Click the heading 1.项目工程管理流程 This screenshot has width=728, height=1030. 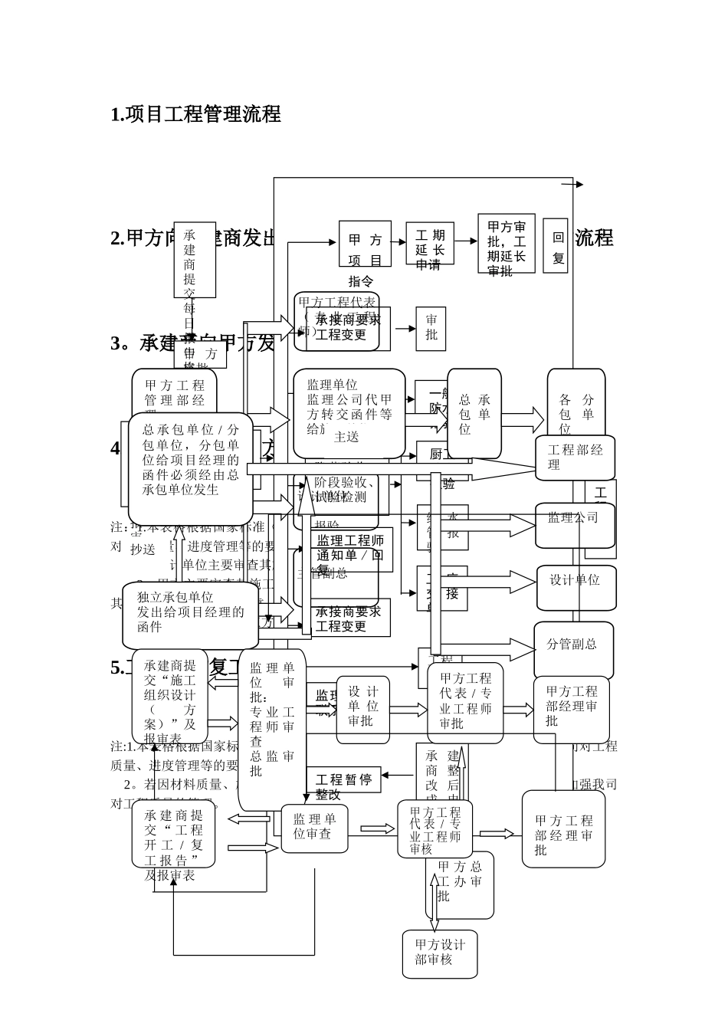click(x=196, y=114)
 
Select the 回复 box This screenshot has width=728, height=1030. click(x=556, y=245)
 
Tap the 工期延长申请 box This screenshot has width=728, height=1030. click(x=430, y=244)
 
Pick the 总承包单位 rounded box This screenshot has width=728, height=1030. click(x=474, y=414)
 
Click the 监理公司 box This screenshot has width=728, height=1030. click(x=575, y=525)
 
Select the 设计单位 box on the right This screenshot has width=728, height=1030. click(x=576, y=587)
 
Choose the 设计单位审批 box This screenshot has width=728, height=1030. click(x=362, y=710)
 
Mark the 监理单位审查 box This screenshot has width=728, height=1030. click(x=314, y=828)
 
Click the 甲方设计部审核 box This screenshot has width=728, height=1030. click(x=440, y=953)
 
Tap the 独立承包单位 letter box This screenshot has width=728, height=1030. click(x=190, y=615)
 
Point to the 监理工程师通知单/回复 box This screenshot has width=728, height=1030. click(x=351, y=549)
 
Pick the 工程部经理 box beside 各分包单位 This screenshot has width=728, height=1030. click(x=576, y=458)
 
